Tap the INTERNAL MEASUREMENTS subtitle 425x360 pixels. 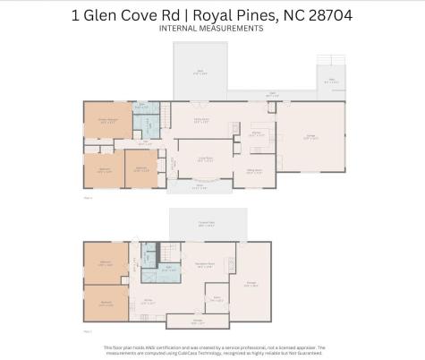[211, 29]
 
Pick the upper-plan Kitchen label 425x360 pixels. [255, 132]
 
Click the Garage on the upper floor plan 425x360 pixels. [311, 138]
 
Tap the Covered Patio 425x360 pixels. [207, 222]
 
